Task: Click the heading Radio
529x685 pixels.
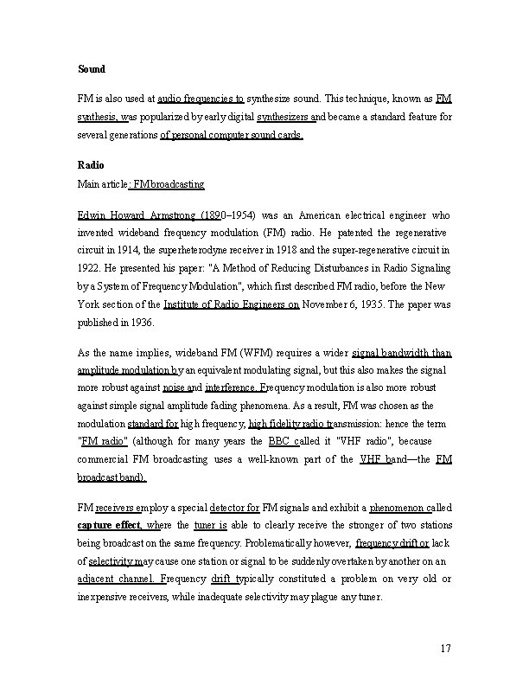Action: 90,164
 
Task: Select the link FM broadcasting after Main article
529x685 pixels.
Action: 169,184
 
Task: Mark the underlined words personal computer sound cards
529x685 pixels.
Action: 232,136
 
